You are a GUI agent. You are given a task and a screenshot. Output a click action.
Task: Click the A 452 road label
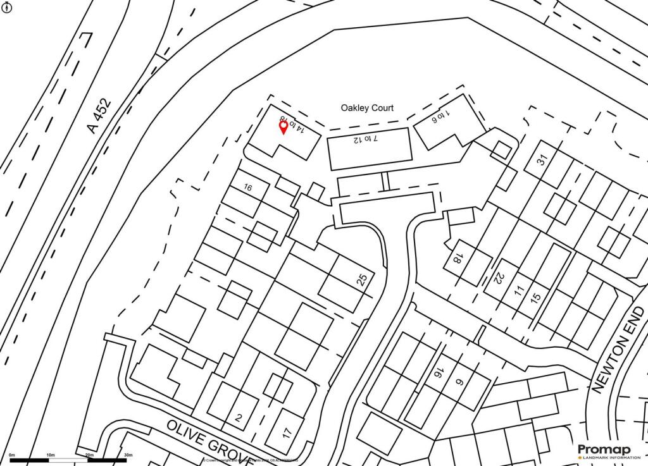tap(99, 116)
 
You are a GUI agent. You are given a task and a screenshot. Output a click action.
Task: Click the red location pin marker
tap(283, 128)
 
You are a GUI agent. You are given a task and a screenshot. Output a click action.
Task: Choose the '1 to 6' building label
tap(442, 116)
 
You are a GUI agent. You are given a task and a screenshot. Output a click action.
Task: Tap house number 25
tap(362, 280)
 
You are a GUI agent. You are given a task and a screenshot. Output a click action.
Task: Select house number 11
tap(519, 291)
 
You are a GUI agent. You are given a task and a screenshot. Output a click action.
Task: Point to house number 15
tap(537, 297)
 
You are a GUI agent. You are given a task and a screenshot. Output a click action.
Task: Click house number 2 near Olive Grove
tap(238, 417)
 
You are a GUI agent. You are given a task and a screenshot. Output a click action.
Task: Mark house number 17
tap(287, 433)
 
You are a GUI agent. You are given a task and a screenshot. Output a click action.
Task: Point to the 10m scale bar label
tap(51, 455)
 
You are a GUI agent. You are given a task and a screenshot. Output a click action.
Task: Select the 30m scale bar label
tap(128, 455)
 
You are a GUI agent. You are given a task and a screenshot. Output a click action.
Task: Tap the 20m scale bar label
tap(89, 455)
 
